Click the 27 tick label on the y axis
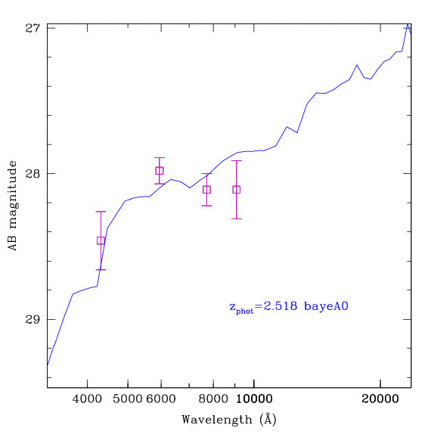point(33,28)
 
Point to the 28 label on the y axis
point(33,174)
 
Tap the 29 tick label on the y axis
point(33,319)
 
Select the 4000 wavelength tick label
point(87,399)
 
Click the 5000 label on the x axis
point(128,399)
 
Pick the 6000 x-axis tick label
point(161,399)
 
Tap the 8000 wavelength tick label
point(213,399)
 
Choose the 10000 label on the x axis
point(254,399)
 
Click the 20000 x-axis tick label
point(380,399)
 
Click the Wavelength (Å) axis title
point(229,420)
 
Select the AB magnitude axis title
point(12,206)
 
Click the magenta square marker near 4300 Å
point(101,240)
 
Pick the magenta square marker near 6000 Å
point(160,171)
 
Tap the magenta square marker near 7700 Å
point(206,190)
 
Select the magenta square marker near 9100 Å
point(237,190)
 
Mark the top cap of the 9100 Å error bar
point(237,160)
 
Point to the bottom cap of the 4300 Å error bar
point(101,270)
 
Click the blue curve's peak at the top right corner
point(408,24)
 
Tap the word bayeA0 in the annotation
point(326,306)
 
